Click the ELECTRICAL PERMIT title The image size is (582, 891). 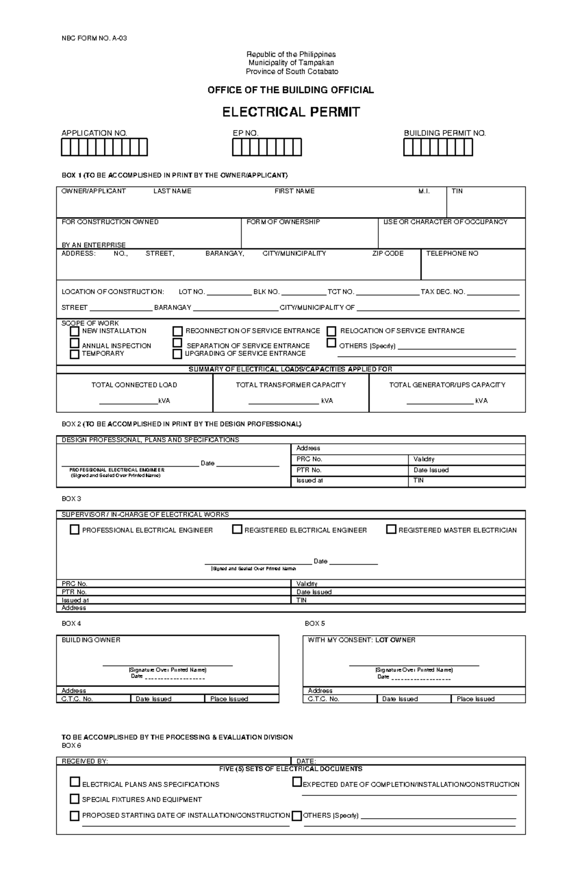click(x=291, y=112)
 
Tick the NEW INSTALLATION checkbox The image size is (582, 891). click(x=75, y=332)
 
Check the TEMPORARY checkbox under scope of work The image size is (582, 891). click(x=75, y=354)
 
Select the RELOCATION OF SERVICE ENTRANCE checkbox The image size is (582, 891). click(x=331, y=332)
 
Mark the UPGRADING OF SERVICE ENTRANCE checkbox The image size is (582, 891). click(x=178, y=354)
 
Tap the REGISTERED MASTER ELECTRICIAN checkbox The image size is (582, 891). click(x=391, y=529)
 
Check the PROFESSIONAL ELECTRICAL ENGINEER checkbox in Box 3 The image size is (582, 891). click(x=75, y=530)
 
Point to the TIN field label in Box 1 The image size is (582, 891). click(x=457, y=191)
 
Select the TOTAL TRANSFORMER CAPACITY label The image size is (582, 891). click(x=291, y=385)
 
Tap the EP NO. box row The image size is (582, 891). click(x=267, y=147)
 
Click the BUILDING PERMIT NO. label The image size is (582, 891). click(x=445, y=133)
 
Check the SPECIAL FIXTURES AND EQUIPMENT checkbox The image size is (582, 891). click(x=75, y=799)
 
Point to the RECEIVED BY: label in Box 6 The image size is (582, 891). click(x=84, y=761)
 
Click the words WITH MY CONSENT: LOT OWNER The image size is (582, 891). click(x=361, y=640)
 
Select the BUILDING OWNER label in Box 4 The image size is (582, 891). click(x=91, y=640)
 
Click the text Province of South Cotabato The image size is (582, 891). click(x=291, y=71)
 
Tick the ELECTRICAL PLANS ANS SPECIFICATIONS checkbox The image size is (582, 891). click(x=75, y=782)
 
